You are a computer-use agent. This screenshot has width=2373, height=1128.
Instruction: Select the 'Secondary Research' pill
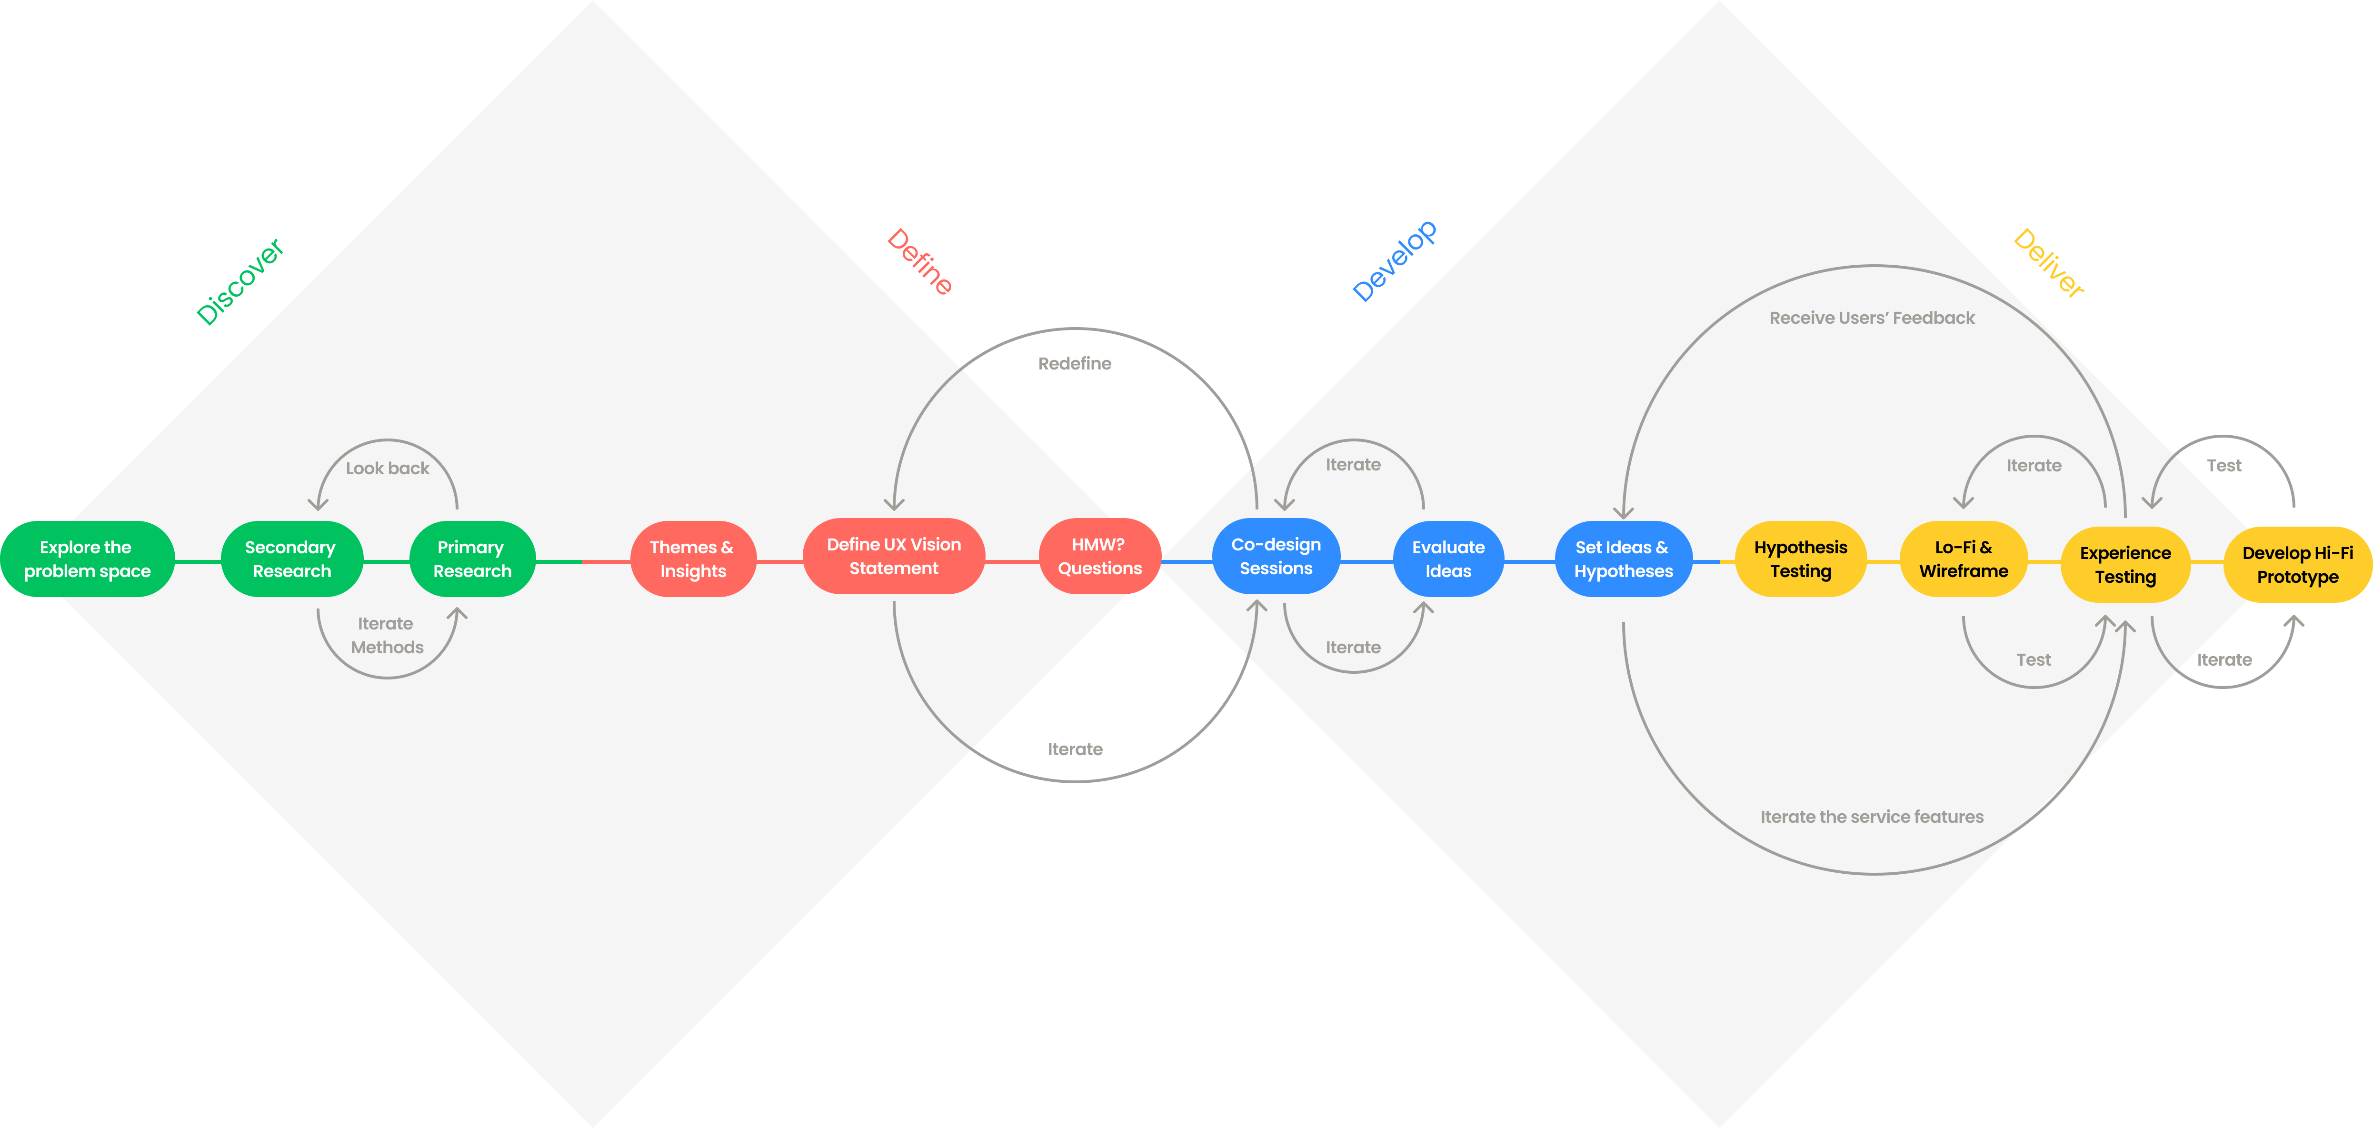tap(291, 559)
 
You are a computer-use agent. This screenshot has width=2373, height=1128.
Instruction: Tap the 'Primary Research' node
tap(472, 559)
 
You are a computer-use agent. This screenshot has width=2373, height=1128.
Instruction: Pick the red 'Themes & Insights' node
tap(693, 559)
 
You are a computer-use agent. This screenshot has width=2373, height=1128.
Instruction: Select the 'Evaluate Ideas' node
tap(1448, 559)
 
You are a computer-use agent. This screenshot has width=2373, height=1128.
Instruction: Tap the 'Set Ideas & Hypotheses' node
tap(1623, 559)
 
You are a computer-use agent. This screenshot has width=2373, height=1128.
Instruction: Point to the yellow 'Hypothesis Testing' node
tap(1800, 559)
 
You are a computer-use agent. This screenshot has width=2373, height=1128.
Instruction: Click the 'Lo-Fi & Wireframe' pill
tap(1963, 559)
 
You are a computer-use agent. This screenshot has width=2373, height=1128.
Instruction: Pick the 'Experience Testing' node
tap(2125, 564)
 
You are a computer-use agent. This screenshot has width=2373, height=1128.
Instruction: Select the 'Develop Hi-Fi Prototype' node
tap(2297, 564)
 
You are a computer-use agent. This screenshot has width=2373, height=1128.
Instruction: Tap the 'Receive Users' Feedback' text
tap(1872, 318)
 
